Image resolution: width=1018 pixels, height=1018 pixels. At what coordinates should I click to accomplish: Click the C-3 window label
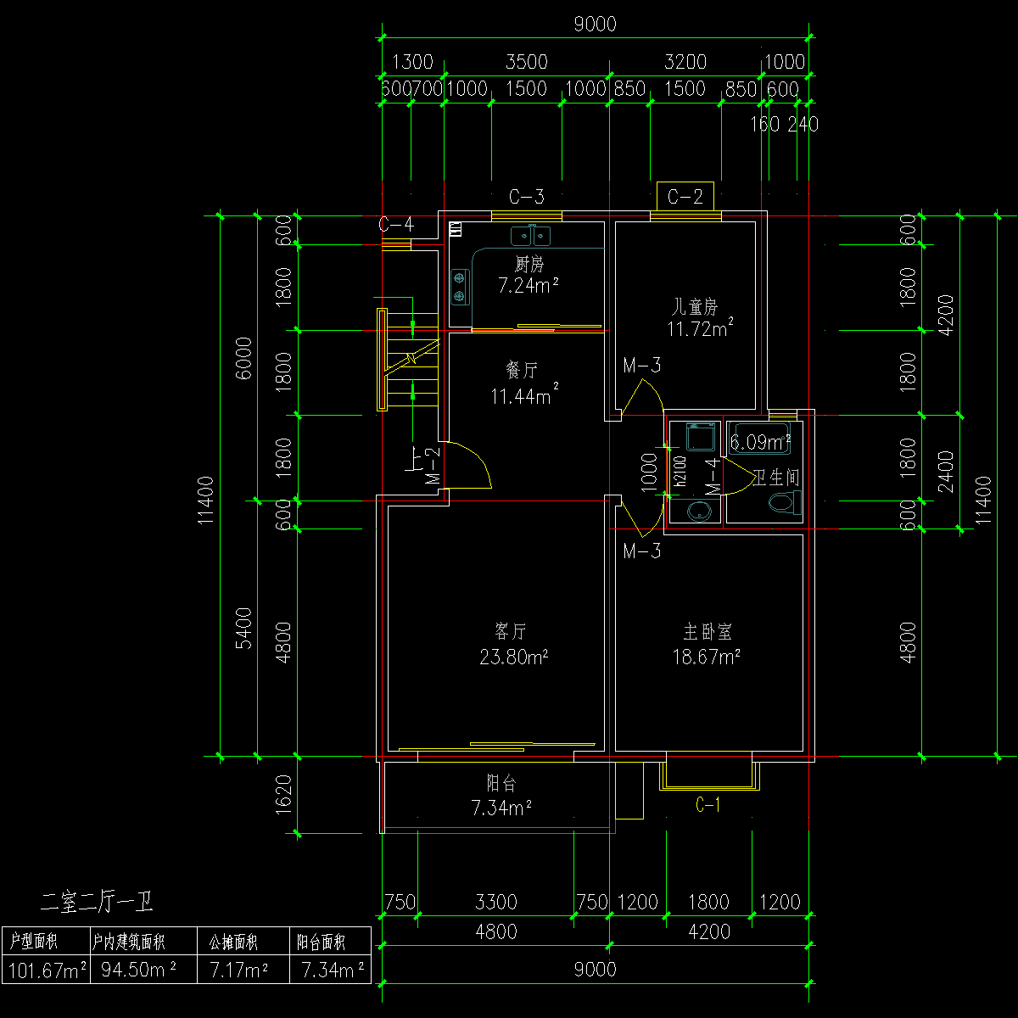(x=526, y=198)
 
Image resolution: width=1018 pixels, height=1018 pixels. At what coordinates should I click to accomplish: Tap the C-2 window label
(x=685, y=198)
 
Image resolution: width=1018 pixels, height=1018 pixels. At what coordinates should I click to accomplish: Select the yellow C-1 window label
(x=708, y=805)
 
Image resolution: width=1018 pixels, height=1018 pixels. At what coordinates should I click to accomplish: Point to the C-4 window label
(x=395, y=225)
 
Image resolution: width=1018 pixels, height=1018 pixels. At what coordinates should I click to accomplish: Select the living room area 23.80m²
(x=511, y=657)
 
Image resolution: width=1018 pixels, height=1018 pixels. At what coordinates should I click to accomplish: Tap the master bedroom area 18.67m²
(x=708, y=657)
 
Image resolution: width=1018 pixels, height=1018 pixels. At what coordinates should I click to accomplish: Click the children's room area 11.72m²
(x=700, y=328)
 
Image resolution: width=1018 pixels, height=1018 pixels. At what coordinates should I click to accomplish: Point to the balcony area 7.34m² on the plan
(x=501, y=808)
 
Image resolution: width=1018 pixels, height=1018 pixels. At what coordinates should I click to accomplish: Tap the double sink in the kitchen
(x=531, y=235)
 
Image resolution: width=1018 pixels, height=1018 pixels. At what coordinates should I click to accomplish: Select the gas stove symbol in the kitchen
(x=460, y=286)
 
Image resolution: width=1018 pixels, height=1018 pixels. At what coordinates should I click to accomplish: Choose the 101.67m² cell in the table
(x=46, y=970)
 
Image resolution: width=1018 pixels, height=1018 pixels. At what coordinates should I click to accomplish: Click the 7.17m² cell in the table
(x=241, y=970)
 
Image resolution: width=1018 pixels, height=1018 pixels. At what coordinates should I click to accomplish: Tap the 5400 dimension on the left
(x=244, y=628)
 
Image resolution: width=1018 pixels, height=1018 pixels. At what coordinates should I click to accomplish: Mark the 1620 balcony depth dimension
(x=285, y=794)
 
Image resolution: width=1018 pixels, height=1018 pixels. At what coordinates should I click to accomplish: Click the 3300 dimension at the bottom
(x=496, y=903)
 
